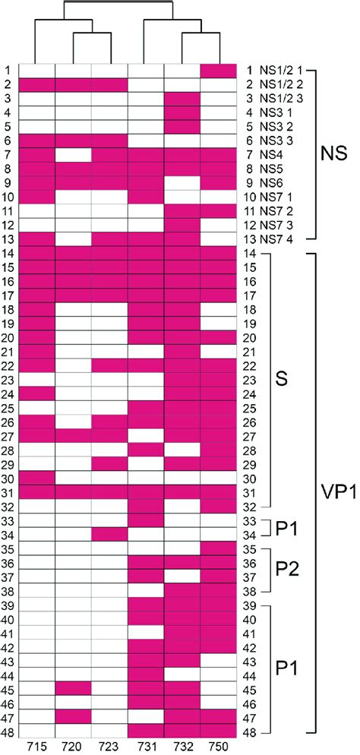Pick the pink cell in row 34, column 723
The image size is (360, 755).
pyautogui.click(x=109, y=535)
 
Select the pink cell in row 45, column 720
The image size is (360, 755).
pyautogui.click(x=72, y=690)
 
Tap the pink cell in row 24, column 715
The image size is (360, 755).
pyautogui.click(x=36, y=394)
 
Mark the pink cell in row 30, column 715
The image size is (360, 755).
pyautogui.click(x=36, y=479)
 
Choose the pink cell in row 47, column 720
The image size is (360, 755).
pyautogui.click(x=72, y=718)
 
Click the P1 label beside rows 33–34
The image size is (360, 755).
pyautogui.click(x=287, y=528)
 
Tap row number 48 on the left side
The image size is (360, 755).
pyautogui.click(x=7, y=732)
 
